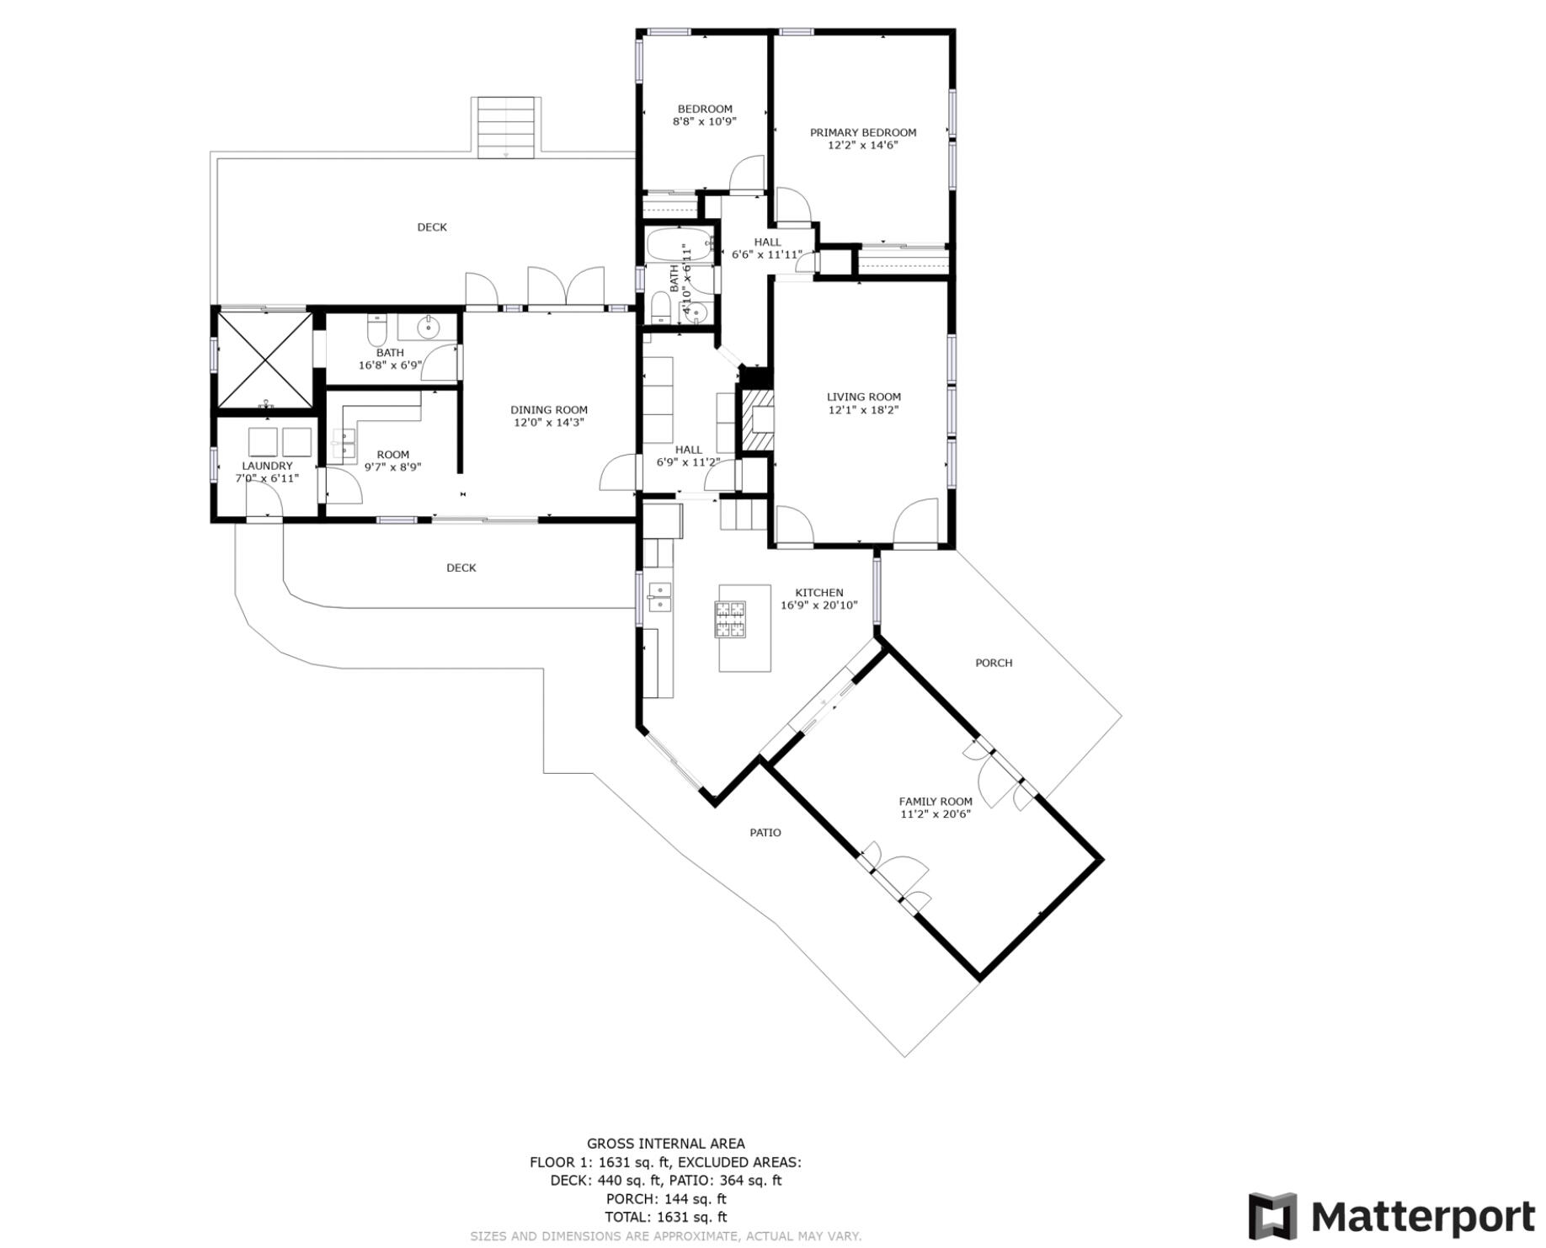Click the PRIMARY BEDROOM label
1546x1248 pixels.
pos(862,132)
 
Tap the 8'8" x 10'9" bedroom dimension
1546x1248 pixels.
pos(704,121)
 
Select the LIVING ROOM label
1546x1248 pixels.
pos(863,397)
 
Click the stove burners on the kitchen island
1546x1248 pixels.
pos(730,619)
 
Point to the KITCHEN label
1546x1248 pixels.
pos(818,592)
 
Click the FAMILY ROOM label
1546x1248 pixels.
pos(935,802)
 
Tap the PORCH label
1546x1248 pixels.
pos(993,663)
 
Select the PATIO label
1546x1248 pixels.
pos(765,833)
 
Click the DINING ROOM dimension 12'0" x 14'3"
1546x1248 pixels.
pos(549,423)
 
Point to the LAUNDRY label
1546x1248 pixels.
pos(267,466)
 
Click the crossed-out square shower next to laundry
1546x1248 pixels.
pos(265,360)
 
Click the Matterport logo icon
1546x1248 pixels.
pos(1274,1216)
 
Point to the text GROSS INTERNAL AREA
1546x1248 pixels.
pos(665,1144)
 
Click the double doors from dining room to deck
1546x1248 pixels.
pos(565,286)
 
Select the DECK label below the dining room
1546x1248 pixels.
pos(461,568)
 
